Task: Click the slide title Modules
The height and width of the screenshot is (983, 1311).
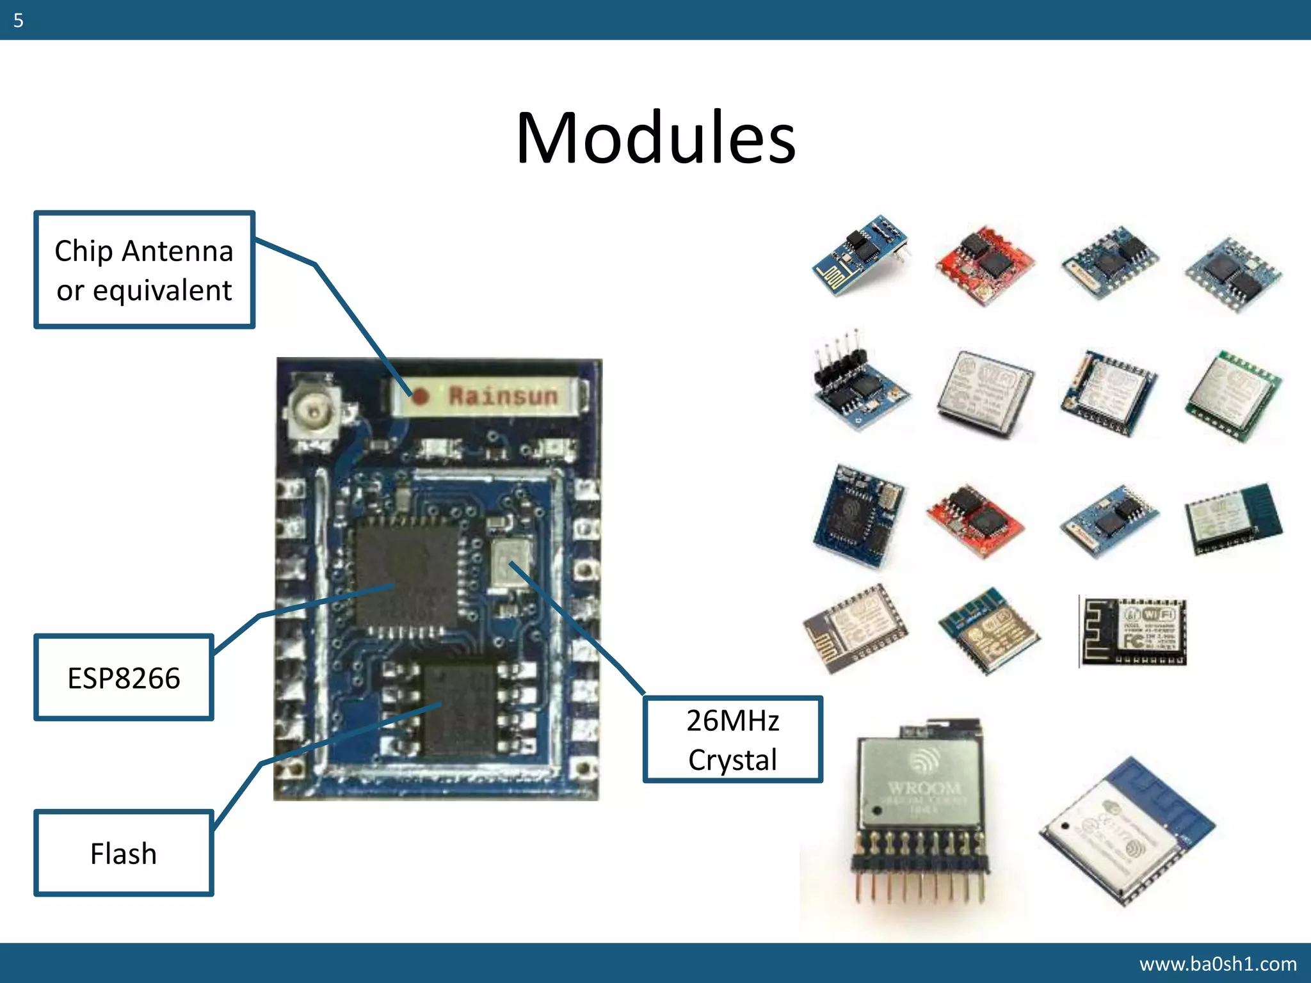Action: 655,138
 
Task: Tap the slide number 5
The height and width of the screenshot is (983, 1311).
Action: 18,20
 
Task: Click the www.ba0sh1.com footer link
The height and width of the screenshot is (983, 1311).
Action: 1218,963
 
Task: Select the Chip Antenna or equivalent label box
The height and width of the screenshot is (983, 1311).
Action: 144,269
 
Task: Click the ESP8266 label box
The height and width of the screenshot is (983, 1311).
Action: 124,678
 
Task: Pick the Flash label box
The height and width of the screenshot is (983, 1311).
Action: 124,853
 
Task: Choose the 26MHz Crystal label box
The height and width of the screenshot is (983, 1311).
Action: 732,739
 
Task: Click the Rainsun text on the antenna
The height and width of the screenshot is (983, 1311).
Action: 503,396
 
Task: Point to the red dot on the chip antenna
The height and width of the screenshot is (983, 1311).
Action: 420,397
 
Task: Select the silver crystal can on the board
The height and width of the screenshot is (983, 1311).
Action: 510,561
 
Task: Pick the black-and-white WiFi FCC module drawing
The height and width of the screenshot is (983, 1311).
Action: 1132,631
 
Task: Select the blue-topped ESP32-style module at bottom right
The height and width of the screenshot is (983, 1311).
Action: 1127,832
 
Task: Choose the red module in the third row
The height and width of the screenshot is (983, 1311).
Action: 974,518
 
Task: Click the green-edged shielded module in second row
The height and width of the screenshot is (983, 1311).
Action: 1232,396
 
